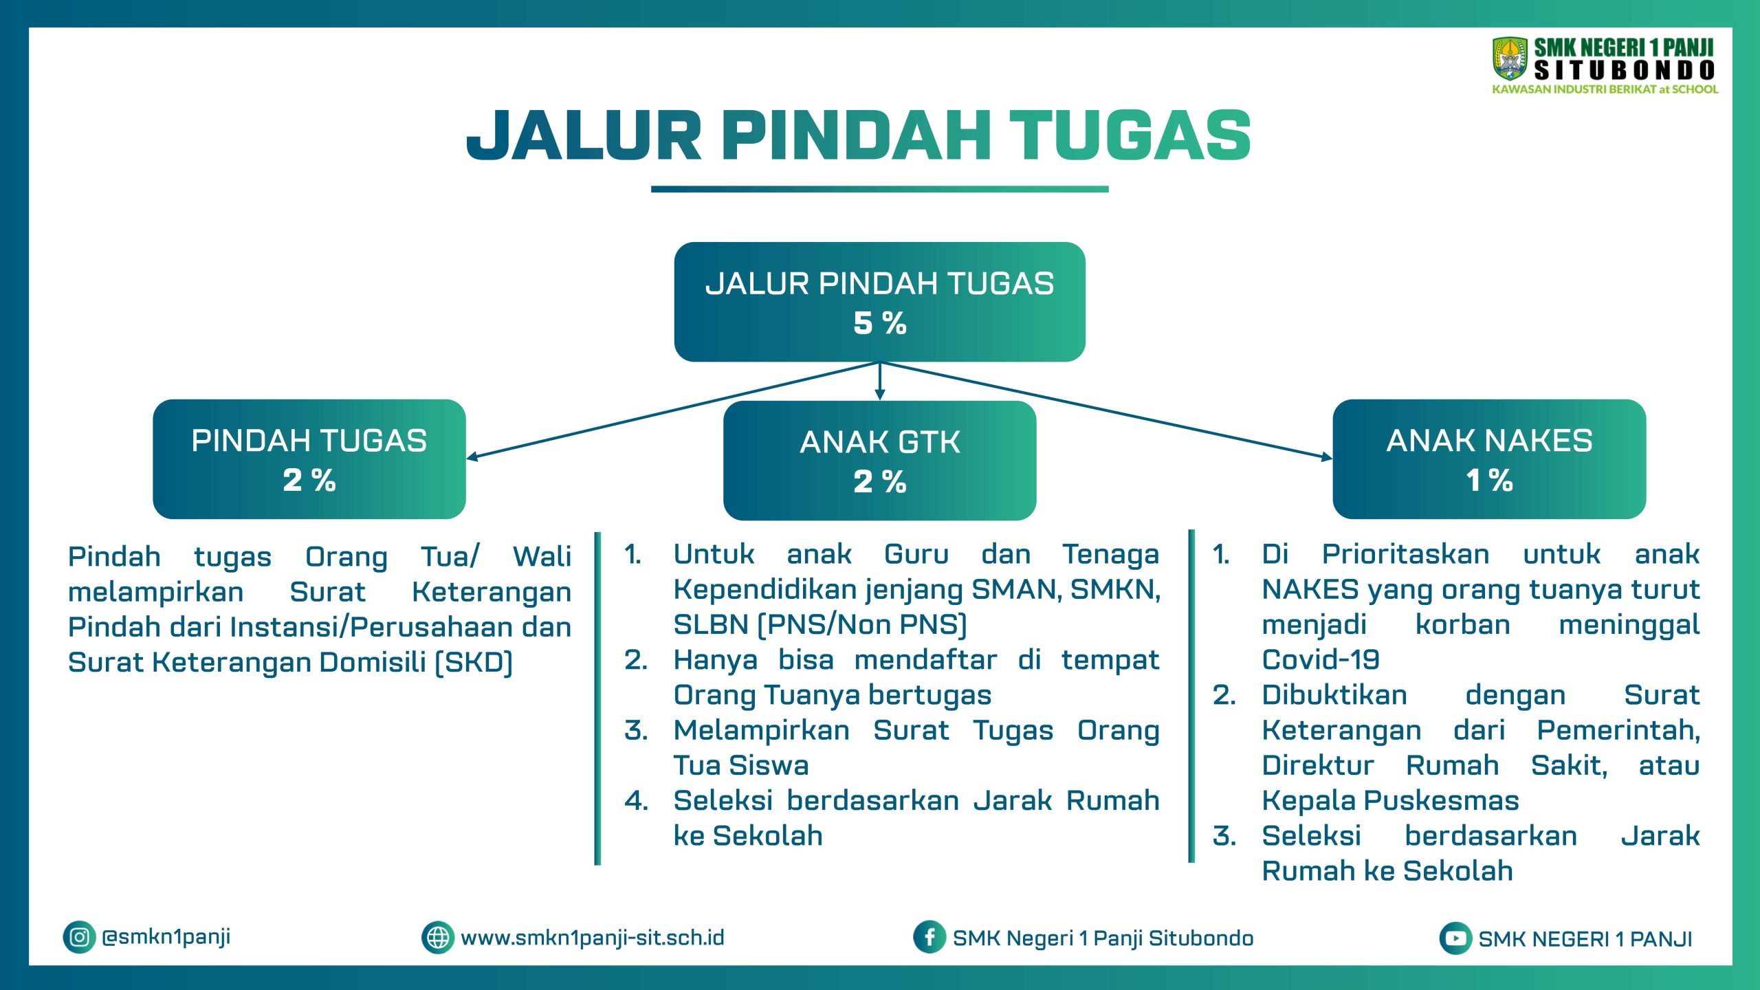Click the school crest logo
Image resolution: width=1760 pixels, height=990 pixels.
[1510, 59]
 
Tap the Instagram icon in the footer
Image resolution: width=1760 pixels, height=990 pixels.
[79, 937]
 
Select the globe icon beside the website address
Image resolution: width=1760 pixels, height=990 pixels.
[438, 937]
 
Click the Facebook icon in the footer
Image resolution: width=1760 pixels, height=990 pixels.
[929, 937]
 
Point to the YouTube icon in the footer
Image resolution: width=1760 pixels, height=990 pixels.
[1455, 938]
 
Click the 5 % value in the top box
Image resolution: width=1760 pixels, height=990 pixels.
[880, 323]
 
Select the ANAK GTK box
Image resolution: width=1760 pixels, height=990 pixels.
[880, 461]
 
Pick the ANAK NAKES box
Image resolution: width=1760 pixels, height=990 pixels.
[1489, 459]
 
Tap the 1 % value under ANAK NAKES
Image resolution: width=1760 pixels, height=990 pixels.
[1489, 480]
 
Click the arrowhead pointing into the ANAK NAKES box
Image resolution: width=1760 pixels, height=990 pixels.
[1327, 457]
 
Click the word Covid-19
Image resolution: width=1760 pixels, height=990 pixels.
[1321, 660]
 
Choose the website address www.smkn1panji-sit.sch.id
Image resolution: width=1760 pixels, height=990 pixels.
[593, 938]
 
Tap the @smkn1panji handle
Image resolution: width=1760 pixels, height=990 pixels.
[166, 937]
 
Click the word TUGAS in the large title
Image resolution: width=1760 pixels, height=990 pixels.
[1130, 135]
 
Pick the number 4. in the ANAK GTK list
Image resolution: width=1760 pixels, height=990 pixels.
[637, 801]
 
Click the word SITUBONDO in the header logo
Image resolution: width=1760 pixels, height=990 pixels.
[1625, 70]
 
